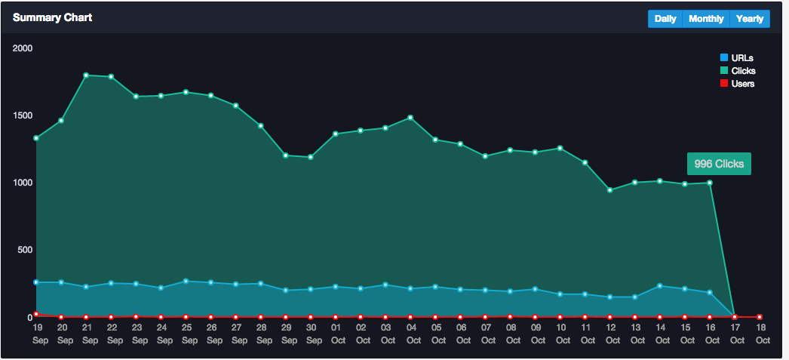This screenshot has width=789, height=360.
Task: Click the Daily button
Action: (665, 19)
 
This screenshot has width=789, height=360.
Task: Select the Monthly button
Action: (706, 19)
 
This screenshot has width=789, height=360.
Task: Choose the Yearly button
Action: (750, 19)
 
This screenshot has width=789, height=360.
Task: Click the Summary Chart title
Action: (53, 17)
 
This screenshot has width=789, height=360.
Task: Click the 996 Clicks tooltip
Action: (719, 164)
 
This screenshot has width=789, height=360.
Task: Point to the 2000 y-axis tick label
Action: (23, 48)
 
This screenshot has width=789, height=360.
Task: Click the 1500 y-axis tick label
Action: (23, 115)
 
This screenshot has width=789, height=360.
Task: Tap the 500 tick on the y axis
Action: (26, 250)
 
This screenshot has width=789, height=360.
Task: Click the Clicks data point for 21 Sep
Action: (86, 75)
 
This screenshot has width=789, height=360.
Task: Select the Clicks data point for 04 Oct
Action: (410, 118)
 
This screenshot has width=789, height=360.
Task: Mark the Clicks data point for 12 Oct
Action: (609, 190)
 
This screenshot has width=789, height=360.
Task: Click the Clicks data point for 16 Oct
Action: (710, 183)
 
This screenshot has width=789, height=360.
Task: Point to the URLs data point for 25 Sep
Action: (186, 281)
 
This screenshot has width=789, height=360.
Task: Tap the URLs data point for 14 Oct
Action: (660, 286)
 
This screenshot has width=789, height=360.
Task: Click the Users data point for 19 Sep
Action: (36, 314)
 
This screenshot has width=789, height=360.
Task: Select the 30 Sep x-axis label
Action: (310, 334)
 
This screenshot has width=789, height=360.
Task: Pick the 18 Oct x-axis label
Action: (760, 334)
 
